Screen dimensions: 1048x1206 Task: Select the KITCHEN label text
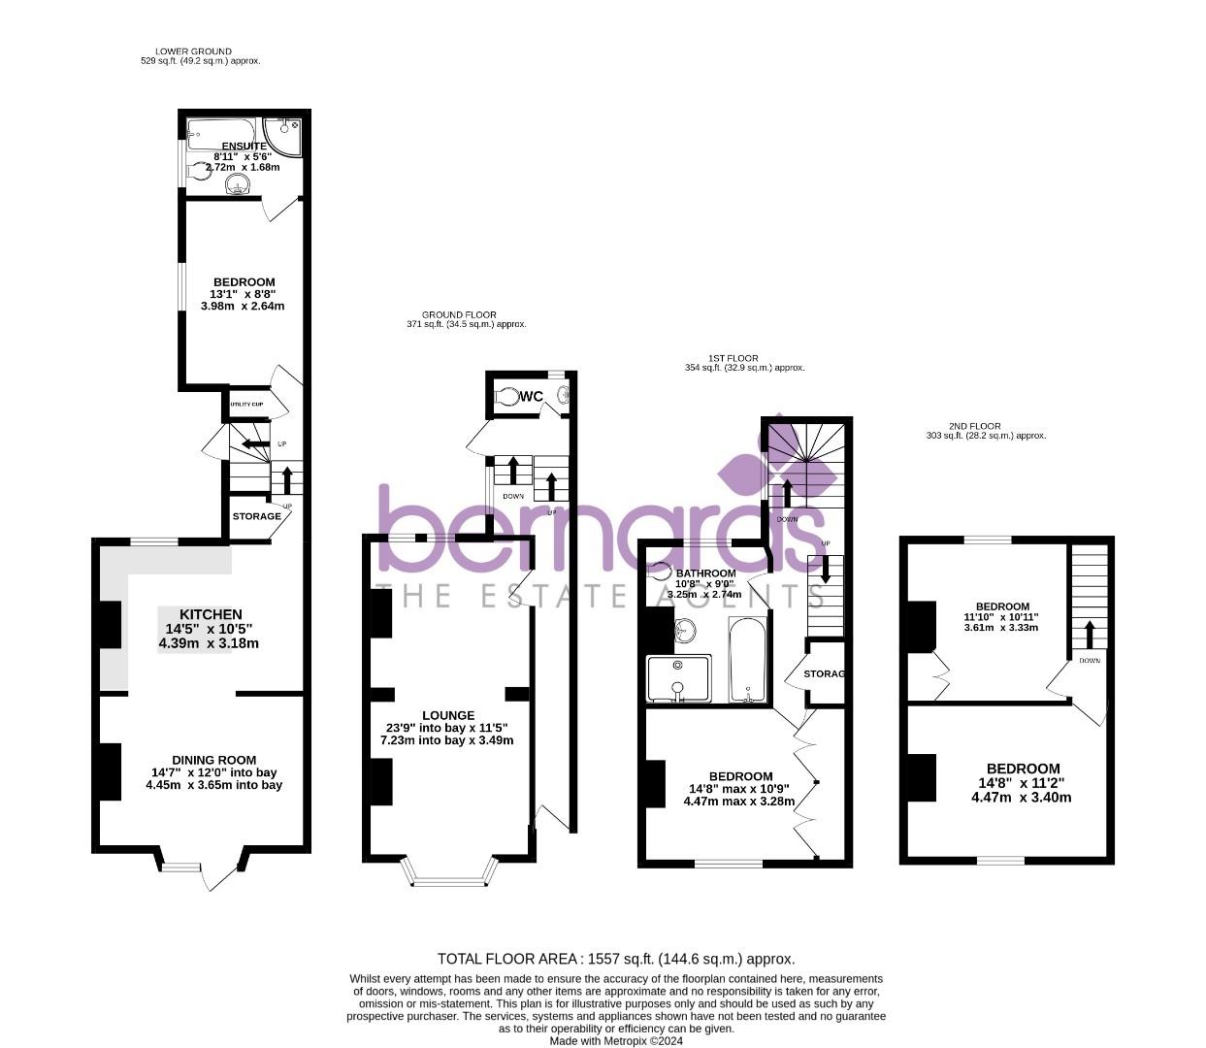211,614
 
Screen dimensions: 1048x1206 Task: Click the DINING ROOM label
213,760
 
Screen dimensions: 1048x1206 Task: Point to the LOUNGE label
448,715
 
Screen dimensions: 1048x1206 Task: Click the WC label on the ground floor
532,396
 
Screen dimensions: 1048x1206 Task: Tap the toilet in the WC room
507,397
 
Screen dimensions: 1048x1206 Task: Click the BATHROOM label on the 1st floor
705,573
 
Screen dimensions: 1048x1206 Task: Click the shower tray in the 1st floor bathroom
678,678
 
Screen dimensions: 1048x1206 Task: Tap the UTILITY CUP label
246,404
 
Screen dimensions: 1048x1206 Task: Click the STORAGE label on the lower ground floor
256,516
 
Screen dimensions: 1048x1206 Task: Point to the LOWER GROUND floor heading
193,51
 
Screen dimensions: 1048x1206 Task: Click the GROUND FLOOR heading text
459,314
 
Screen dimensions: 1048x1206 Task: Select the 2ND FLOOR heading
975,426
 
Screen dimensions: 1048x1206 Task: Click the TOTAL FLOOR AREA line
616,959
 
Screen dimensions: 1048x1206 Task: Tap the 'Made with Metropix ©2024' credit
616,1040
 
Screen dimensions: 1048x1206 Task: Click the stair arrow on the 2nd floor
1089,633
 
